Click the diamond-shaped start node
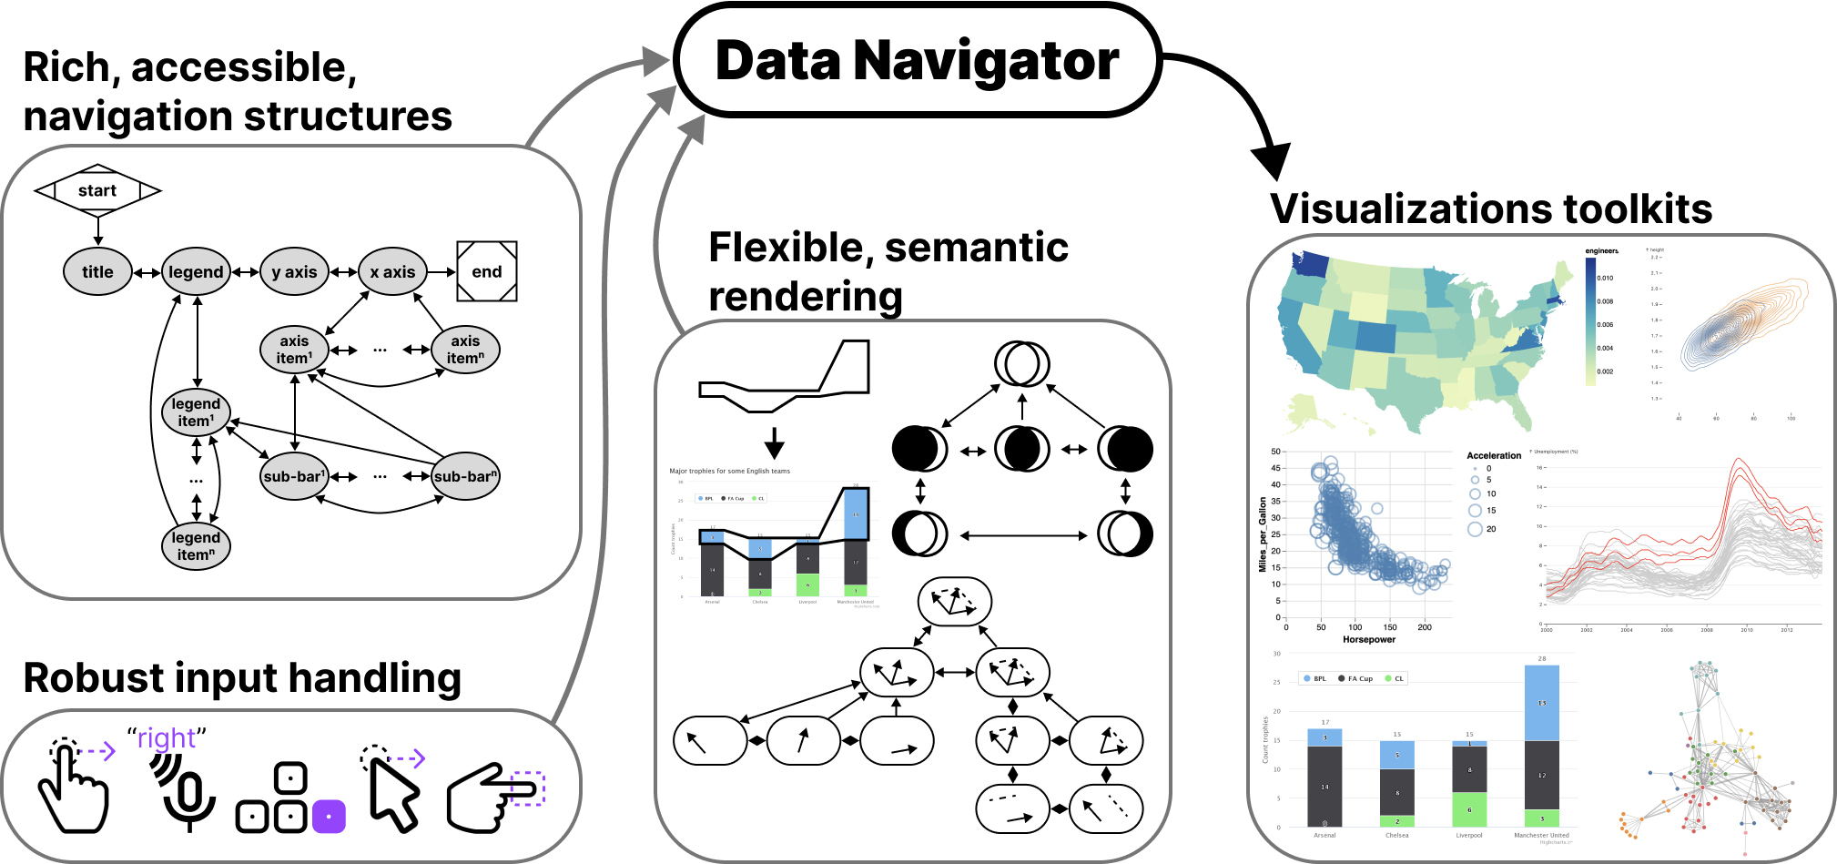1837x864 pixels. click(x=97, y=190)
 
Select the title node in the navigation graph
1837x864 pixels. click(x=97, y=271)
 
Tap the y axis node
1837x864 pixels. click(x=294, y=271)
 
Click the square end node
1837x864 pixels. click(x=487, y=271)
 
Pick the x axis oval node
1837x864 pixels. click(x=392, y=271)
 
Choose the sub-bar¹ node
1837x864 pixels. click(x=294, y=476)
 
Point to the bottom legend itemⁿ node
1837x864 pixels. click(x=196, y=545)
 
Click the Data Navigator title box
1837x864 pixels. click(x=917, y=61)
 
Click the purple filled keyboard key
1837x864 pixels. click(x=329, y=816)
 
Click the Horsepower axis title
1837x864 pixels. click(x=1368, y=639)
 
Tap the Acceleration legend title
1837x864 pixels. click(x=1493, y=455)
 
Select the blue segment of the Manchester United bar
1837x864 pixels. click(x=1541, y=702)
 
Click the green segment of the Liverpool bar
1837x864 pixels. click(x=1469, y=809)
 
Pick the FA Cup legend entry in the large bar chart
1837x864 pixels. click(x=1359, y=678)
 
